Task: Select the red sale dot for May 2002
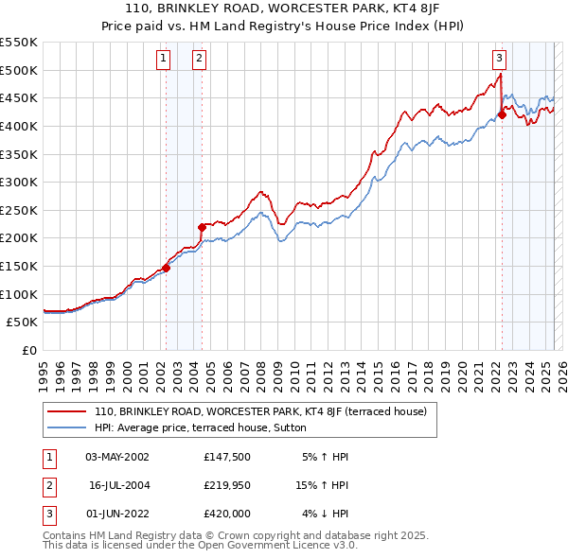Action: (166, 268)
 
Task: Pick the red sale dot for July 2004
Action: (202, 227)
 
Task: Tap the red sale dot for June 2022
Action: (502, 115)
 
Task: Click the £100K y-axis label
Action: (20, 294)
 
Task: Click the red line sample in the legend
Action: (66, 411)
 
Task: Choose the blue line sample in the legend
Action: (66, 427)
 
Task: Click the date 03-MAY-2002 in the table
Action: (117, 457)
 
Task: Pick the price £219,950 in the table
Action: (227, 485)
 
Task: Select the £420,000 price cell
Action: (227, 514)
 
